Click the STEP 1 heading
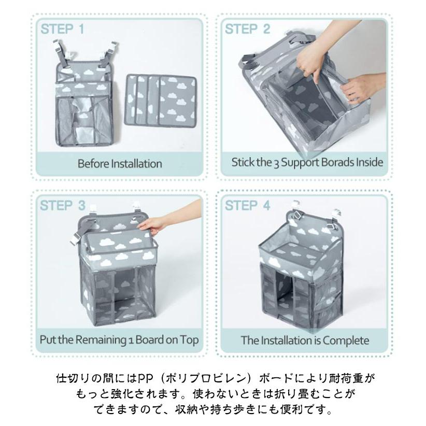(x=63, y=29)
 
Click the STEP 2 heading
(x=248, y=29)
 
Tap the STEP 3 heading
(x=63, y=205)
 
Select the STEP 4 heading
(x=248, y=205)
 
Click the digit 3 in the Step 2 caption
(x=276, y=163)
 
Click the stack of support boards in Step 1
(x=161, y=100)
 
